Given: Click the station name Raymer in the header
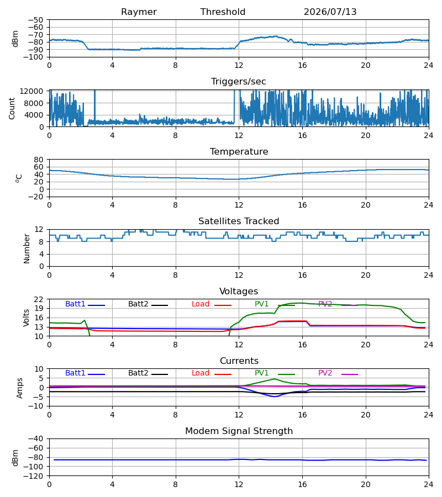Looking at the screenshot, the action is point(139,12).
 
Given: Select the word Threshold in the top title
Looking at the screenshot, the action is point(223,12).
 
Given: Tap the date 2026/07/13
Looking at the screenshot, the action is point(330,12).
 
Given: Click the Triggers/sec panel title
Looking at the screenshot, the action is point(239,82).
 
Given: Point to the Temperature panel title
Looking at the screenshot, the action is point(239,151).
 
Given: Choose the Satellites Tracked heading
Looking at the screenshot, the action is point(239,221).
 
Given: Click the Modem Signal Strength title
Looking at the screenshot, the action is point(239,431).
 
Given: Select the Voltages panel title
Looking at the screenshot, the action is point(239,291).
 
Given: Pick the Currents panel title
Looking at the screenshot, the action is point(239,361).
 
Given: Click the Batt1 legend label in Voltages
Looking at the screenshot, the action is point(75,304).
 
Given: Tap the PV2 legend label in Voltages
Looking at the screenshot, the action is point(325,304).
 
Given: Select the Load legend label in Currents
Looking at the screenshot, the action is point(201,373).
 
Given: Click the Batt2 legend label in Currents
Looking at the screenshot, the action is point(138,373).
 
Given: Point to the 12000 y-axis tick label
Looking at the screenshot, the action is point(31,91).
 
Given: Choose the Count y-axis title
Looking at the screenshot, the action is point(12,108).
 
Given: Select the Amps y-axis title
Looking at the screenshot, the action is point(20,388).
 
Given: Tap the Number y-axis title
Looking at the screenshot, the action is point(27,249).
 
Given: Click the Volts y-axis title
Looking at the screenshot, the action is point(27,318).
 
